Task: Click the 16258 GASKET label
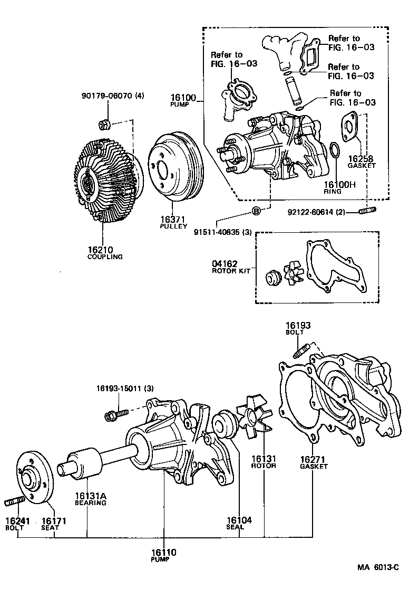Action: pos(362,161)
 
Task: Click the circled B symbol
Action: pos(256,212)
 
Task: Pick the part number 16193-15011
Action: pos(124,388)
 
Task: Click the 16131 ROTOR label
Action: pos(264,462)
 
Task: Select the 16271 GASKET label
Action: pos(314,462)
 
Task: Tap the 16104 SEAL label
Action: pos(239,523)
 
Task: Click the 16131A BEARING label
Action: pos(90,499)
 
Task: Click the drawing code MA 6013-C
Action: pos(377,567)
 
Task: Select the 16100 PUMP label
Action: pos(183,100)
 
